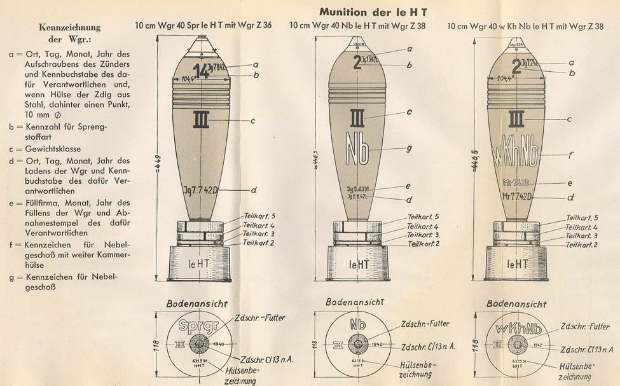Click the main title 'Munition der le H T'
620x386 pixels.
click(373, 12)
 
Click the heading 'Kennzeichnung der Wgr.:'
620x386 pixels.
click(69, 33)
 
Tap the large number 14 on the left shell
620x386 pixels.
click(200, 71)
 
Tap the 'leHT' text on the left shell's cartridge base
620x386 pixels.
click(200, 263)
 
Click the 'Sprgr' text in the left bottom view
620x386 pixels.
click(199, 326)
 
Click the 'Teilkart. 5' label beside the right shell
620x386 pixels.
click(581, 217)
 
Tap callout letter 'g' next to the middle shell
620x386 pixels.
click(410, 148)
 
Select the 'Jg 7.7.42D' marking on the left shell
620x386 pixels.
click(201, 190)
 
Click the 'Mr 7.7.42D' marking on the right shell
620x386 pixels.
click(517, 196)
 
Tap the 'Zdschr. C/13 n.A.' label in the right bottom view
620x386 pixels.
click(587, 349)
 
